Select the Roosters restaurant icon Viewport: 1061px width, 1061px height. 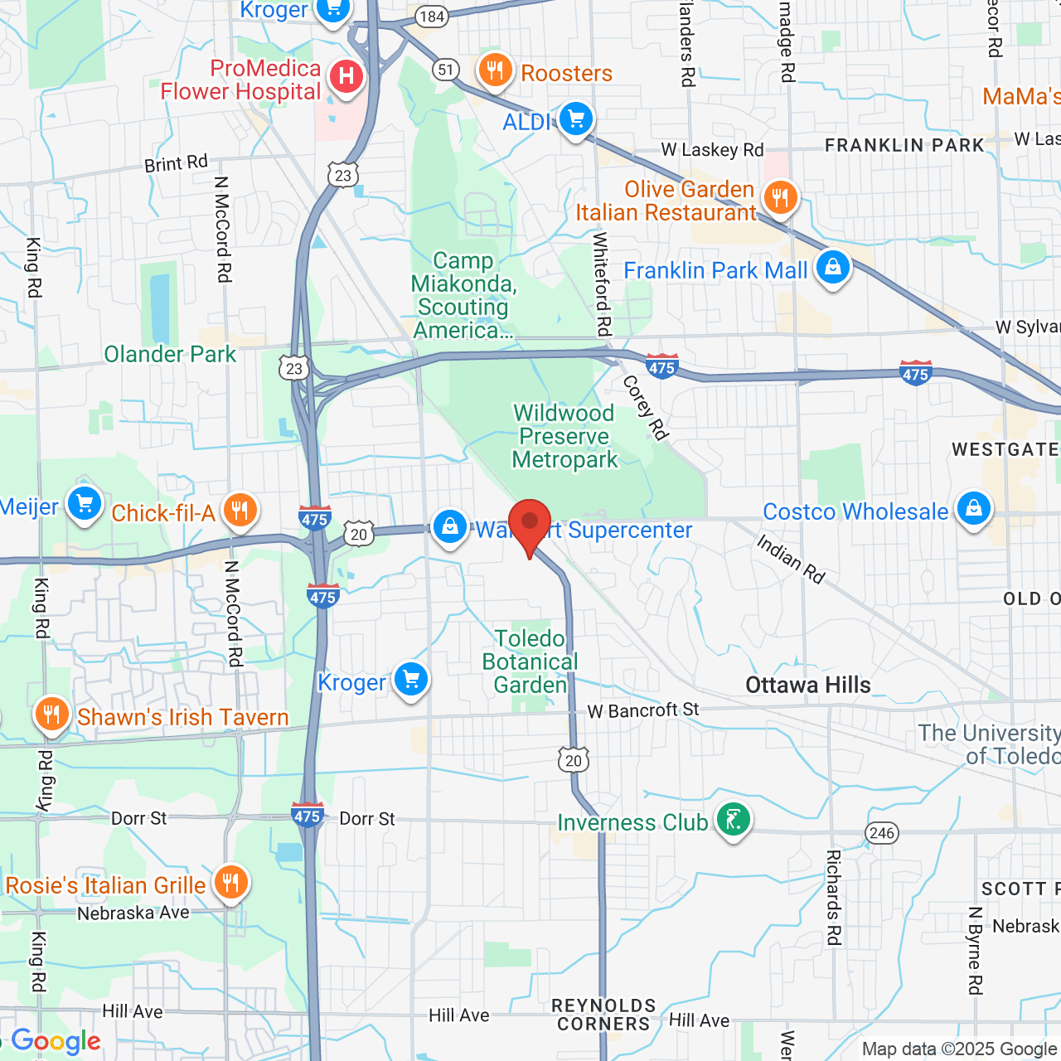[495, 70]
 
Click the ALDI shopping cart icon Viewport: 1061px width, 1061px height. [575, 119]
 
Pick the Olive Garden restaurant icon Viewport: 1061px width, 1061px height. [779, 198]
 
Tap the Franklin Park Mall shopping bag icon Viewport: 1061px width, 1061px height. [832, 268]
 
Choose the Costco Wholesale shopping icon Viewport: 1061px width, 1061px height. [973, 508]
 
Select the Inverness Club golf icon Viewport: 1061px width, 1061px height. [733, 820]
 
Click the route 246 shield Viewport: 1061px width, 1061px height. [882, 832]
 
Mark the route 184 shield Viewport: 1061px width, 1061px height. [432, 17]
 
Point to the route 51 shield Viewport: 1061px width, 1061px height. [446, 70]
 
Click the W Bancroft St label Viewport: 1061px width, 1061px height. [643, 710]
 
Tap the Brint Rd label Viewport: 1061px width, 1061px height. [176, 163]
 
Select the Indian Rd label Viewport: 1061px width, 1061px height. [791, 560]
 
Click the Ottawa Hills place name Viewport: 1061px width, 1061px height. [808, 685]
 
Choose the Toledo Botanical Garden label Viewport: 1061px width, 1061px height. [530, 661]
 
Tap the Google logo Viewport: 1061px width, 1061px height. [56, 1041]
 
